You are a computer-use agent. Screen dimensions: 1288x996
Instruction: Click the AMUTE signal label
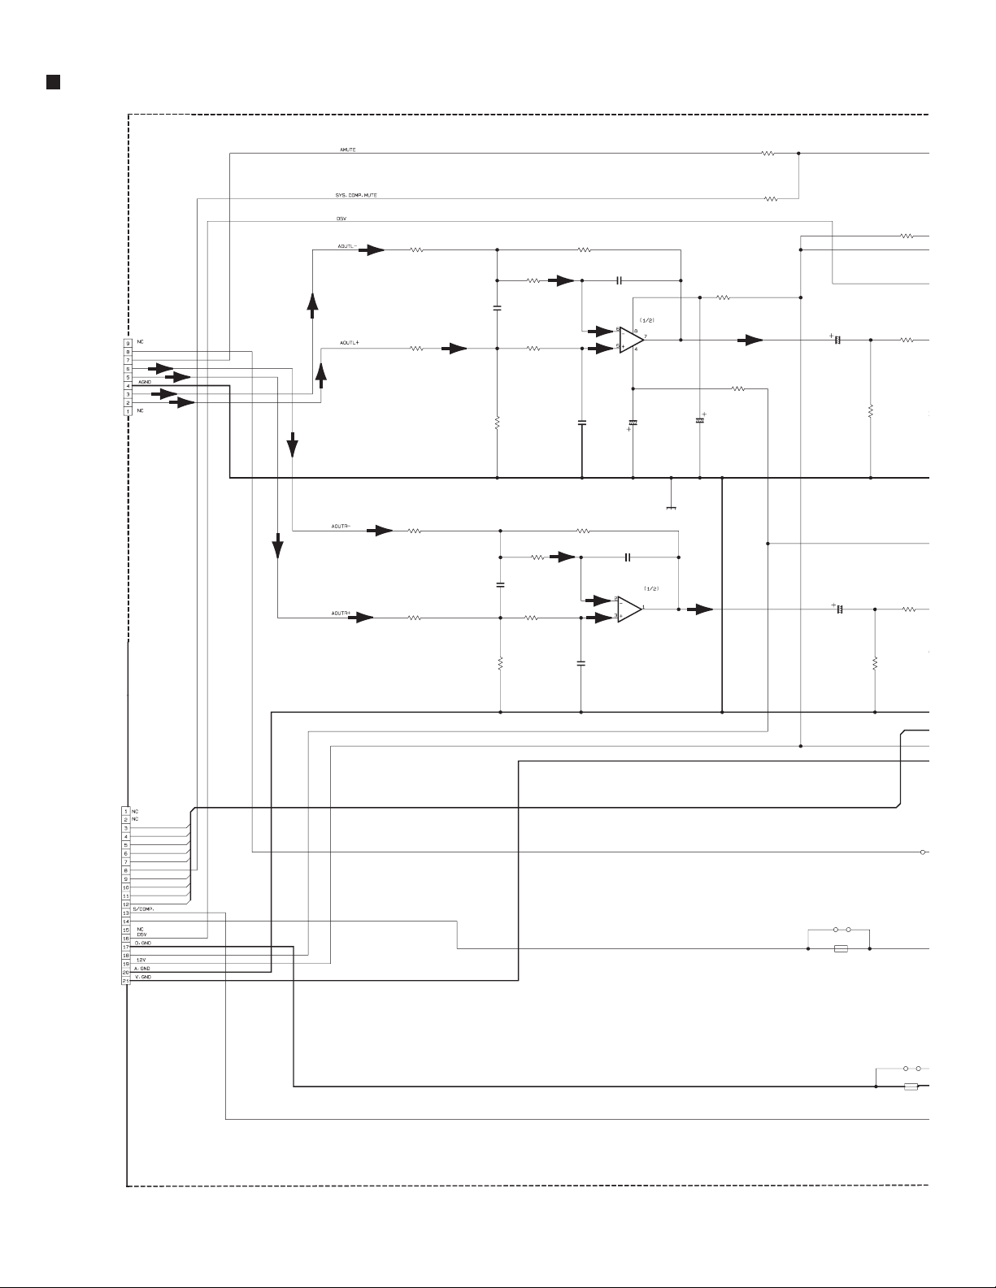pos(347,150)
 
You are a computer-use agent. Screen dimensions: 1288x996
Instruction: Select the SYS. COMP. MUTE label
pos(356,196)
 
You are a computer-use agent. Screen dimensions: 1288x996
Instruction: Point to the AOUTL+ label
pos(350,343)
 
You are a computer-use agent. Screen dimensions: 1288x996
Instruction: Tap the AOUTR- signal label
pos(341,527)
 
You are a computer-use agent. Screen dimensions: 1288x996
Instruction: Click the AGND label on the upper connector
pos(145,381)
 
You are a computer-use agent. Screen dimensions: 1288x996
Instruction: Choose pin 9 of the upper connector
pos(128,344)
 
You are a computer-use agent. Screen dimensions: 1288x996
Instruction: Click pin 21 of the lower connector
pos(125,982)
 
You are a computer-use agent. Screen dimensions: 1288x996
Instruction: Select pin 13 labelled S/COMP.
pos(125,913)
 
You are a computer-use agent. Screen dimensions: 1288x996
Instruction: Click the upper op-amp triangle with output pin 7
pos(630,340)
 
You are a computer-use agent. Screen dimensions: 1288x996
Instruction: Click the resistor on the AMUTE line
pos(768,153)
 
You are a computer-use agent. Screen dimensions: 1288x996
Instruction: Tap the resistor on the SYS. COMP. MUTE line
pos(770,198)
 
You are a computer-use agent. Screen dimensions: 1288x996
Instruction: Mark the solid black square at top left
pos(53,81)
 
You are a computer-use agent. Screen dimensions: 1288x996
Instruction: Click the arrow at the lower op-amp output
pos(700,609)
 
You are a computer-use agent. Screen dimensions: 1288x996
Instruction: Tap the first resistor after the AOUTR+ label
pos(415,618)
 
